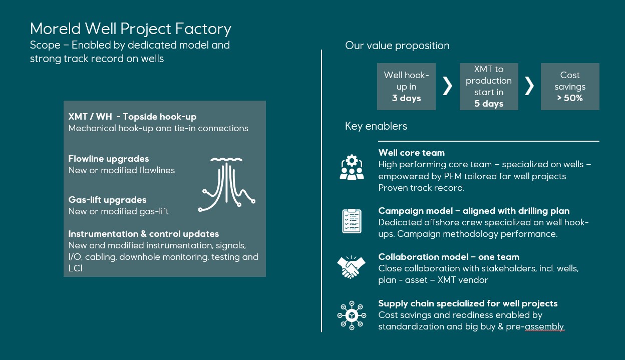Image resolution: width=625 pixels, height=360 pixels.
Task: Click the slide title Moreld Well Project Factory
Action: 131,29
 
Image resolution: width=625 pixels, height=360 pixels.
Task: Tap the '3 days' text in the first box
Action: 406,98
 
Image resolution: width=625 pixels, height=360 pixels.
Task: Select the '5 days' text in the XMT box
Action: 489,104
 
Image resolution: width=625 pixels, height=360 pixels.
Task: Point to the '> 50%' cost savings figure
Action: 570,98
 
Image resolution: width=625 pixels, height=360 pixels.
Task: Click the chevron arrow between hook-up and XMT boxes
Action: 447,86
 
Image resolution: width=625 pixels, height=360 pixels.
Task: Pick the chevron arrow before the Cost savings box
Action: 529,86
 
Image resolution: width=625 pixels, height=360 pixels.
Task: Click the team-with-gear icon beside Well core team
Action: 352,167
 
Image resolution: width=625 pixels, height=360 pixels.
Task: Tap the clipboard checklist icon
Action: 352,221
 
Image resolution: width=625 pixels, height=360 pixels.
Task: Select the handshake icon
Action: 351,267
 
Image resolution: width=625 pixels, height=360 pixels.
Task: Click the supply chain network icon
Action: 352,315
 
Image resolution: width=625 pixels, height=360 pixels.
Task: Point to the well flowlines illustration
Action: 226,185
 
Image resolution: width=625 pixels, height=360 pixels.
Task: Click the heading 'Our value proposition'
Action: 397,46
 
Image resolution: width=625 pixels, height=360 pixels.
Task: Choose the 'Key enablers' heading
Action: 376,126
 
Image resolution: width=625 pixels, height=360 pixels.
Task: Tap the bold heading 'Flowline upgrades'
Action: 109,159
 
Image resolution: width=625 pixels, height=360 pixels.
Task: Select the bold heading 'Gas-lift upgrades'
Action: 107,200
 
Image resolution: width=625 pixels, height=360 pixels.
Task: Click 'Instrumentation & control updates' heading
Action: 143,234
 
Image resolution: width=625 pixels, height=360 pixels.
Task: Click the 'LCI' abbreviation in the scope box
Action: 75,268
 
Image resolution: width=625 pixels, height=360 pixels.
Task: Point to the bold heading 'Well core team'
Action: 411,153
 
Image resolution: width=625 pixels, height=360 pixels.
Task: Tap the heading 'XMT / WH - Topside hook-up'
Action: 132,117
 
